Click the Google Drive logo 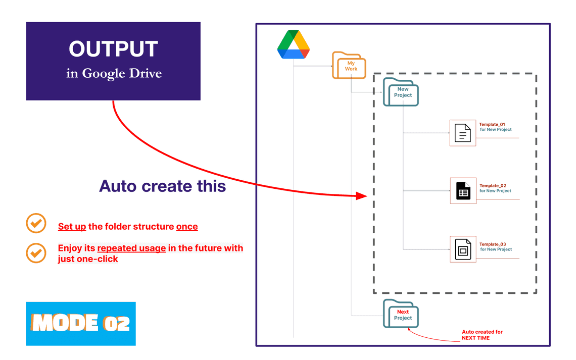coord(294,44)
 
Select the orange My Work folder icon coord(349,65)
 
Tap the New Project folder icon coord(401,92)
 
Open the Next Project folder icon coord(401,314)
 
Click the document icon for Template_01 coord(462,133)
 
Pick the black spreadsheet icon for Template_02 coord(463,190)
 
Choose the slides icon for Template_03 coord(463,249)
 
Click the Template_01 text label coord(492,124)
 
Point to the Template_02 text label coord(493,186)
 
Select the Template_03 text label coord(493,244)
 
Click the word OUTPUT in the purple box coord(113,49)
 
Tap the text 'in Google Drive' coord(114,74)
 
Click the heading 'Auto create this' coord(162,186)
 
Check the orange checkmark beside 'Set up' coord(36,223)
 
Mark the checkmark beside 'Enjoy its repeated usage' coord(36,253)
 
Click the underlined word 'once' coord(187,227)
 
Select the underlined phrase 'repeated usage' coord(131,248)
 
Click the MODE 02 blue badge coord(81,324)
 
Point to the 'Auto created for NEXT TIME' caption coord(482,335)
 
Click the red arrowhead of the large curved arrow coord(362,196)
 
